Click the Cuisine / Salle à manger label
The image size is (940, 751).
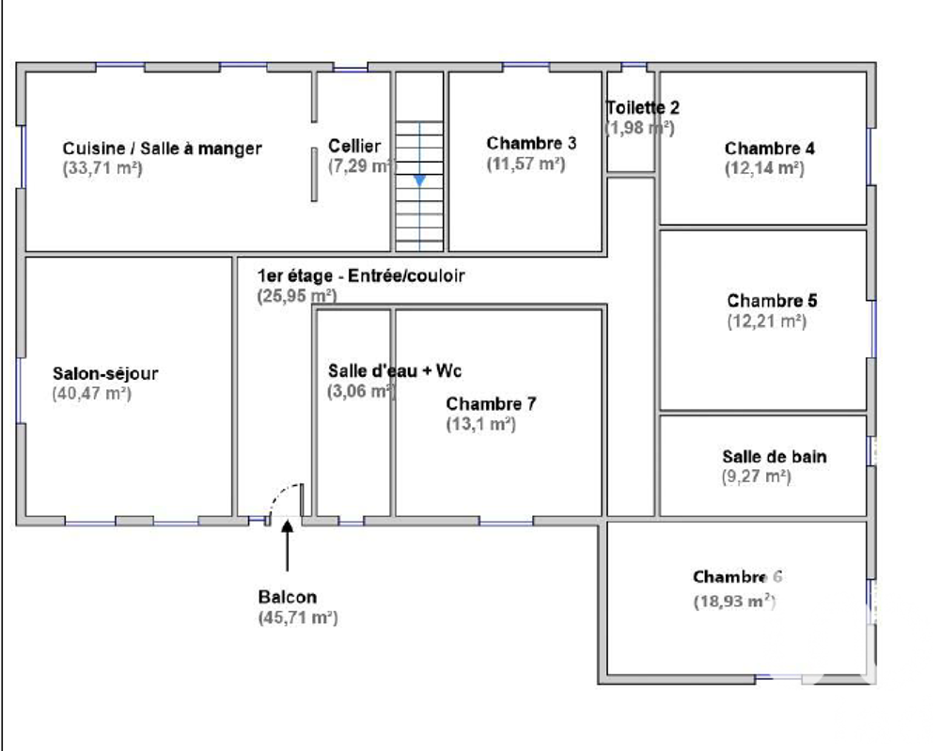tap(162, 149)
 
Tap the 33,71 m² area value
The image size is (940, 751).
tap(102, 169)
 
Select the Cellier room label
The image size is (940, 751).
tap(354, 146)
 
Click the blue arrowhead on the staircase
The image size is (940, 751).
tap(419, 179)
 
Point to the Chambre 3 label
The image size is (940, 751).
tap(531, 143)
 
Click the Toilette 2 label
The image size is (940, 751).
tap(642, 108)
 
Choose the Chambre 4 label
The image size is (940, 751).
tap(769, 149)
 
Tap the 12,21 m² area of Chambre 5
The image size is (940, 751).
tap(766, 321)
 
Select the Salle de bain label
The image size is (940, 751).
tap(775, 457)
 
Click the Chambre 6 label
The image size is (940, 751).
tap(737, 577)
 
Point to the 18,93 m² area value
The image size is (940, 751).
tap(734, 602)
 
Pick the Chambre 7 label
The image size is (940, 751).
tap(491, 403)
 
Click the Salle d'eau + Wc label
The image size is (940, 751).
tap(395, 370)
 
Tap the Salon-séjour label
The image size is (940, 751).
tap(105, 373)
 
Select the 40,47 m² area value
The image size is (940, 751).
tap(91, 394)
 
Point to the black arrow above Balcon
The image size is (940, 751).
tap(287, 545)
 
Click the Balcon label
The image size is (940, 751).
tap(287, 597)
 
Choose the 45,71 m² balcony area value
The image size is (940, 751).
tap(297, 618)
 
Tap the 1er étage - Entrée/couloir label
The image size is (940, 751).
tap(361, 276)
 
